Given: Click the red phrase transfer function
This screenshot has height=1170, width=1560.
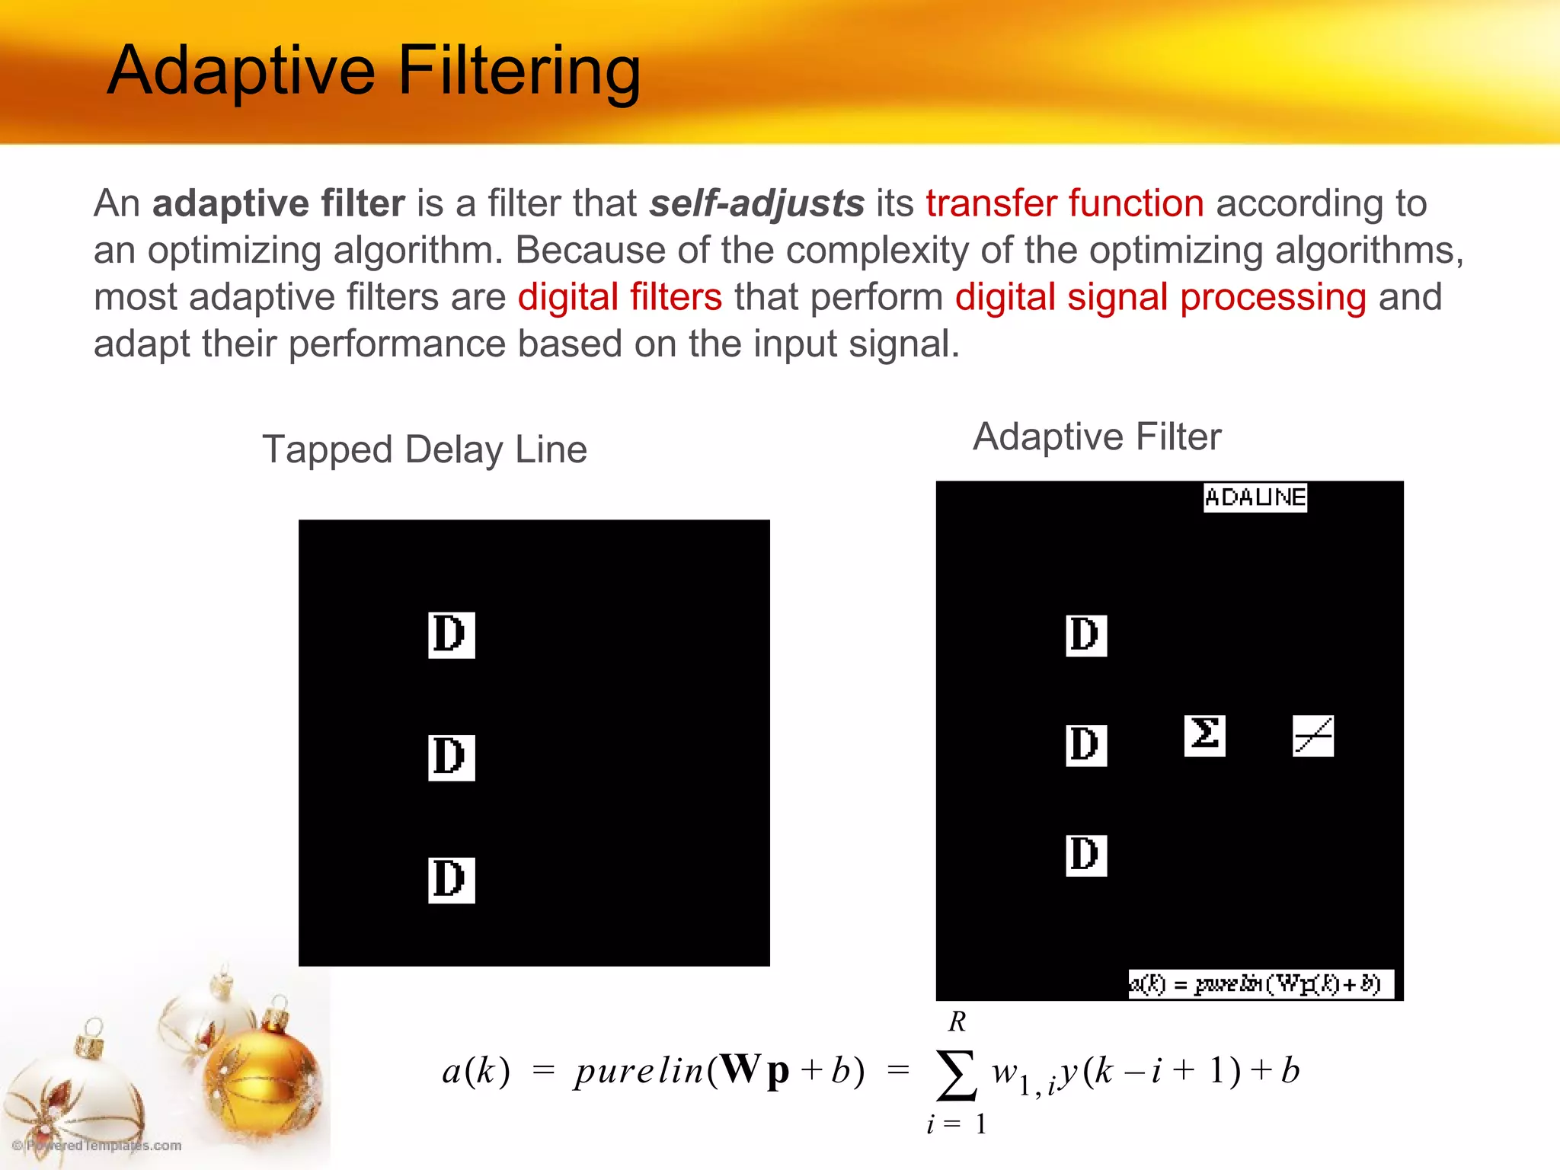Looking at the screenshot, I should pyautogui.click(x=1064, y=203).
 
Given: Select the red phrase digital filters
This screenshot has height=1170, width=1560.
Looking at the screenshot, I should pyautogui.click(x=619, y=297).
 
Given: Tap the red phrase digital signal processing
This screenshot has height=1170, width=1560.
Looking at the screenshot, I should pyautogui.click(x=1160, y=297).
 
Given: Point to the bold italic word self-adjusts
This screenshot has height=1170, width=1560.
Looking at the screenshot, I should pyautogui.click(x=756, y=203).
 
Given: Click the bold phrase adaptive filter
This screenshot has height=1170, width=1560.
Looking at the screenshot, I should pyautogui.click(x=279, y=203).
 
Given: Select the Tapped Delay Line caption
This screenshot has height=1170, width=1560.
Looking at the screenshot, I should pyautogui.click(x=424, y=449).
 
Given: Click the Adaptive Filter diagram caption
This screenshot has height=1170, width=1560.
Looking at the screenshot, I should pyautogui.click(x=1097, y=437).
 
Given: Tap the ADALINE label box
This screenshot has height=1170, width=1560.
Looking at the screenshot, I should pyautogui.click(x=1255, y=497).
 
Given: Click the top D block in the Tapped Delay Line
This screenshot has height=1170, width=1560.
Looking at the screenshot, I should pyautogui.click(x=451, y=635).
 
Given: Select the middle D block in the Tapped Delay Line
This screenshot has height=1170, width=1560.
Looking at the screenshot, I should pyautogui.click(x=451, y=757).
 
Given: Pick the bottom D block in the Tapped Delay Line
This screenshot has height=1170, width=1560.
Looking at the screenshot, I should pyautogui.click(x=451, y=880).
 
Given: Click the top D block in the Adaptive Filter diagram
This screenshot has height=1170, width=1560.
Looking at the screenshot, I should pyautogui.click(x=1085, y=635).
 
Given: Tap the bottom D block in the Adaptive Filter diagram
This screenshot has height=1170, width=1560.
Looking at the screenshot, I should pyautogui.click(x=1085, y=855).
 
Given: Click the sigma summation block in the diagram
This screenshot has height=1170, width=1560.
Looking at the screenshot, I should pyautogui.click(x=1204, y=735).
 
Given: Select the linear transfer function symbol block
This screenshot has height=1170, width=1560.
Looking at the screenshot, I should pyautogui.click(x=1313, y=736).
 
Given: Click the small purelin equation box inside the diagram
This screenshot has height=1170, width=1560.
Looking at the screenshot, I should pyautogui.click(x=1260, y=984).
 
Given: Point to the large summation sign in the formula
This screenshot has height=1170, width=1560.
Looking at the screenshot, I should pyautogui.click(x=956, y=1074).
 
